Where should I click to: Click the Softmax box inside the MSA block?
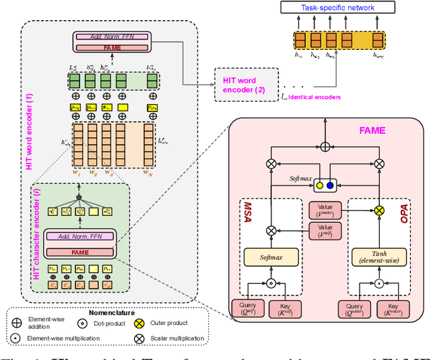click(271, 256)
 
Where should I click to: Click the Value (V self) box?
click(326, 231)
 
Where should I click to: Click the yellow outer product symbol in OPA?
click(379, 211)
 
